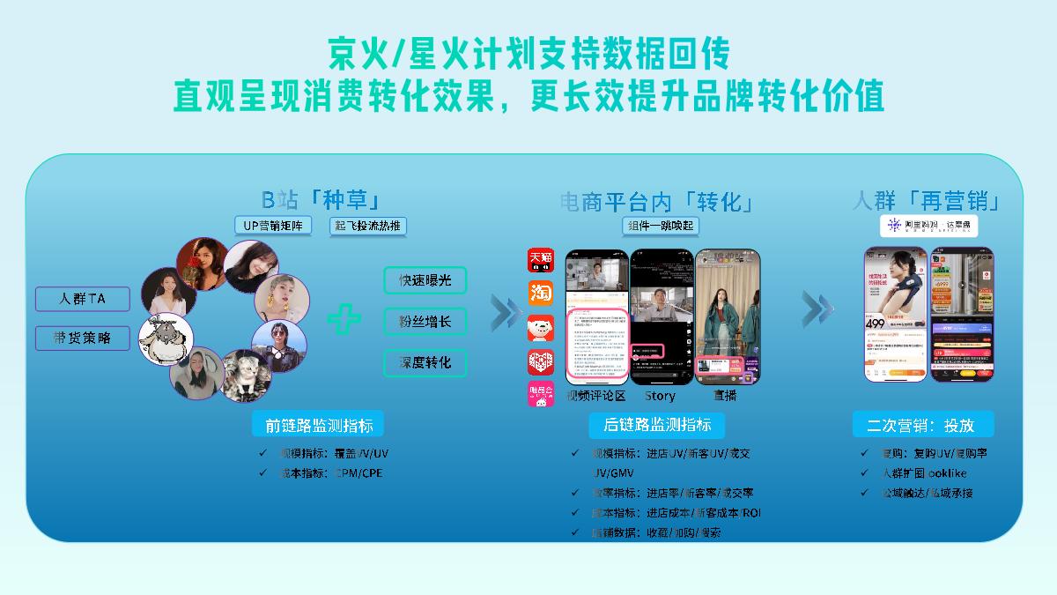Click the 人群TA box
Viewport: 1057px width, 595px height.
[x=83, y=299]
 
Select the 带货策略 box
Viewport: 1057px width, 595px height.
[x=83, y=338]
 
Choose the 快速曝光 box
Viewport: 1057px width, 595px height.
[x=425, y=280]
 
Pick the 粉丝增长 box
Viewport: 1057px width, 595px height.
[x=425, y=322]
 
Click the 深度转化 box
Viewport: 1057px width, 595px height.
[x=425, y=362]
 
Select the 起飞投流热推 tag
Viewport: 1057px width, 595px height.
[x=368, y=226]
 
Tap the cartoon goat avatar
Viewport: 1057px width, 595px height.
[x=166, y=337]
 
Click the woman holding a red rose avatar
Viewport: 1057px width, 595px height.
[x=200, y=262]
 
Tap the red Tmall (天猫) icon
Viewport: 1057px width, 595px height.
[x=540, y=260]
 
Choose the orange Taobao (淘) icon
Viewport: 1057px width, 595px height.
[x=540, y=294]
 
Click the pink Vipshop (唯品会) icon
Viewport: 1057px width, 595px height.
[x=540, y=394]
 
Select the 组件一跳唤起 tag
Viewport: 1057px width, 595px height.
[x=659, y=226]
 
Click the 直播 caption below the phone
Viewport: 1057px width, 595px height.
[x=725, y=396]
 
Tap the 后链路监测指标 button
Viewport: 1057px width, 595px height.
[x=657, y=425]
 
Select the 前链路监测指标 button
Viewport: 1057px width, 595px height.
[x=318, y=425]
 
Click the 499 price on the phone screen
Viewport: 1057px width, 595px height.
[x=876, y=324]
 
